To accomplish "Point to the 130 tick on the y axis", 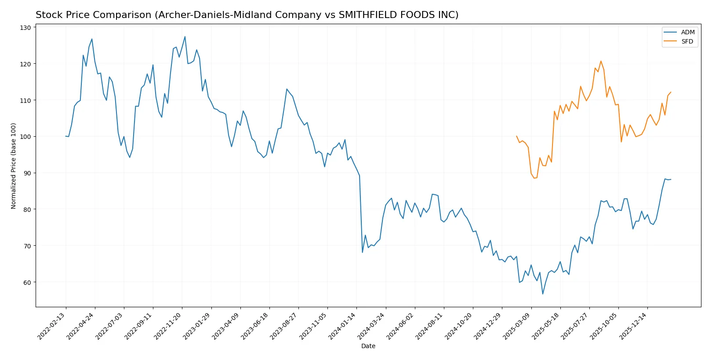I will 25,28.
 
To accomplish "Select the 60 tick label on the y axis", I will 27,282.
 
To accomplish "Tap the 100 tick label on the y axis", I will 25,137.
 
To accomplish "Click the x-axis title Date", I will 368,346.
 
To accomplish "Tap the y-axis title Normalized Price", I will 14,166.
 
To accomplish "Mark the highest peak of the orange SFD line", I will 601,61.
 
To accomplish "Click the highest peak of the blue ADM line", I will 185,36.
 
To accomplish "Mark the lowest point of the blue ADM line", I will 543,294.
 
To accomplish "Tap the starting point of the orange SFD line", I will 516,136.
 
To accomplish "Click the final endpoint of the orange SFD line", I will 671,92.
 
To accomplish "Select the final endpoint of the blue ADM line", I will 671,179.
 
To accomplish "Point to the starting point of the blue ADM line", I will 66,136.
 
